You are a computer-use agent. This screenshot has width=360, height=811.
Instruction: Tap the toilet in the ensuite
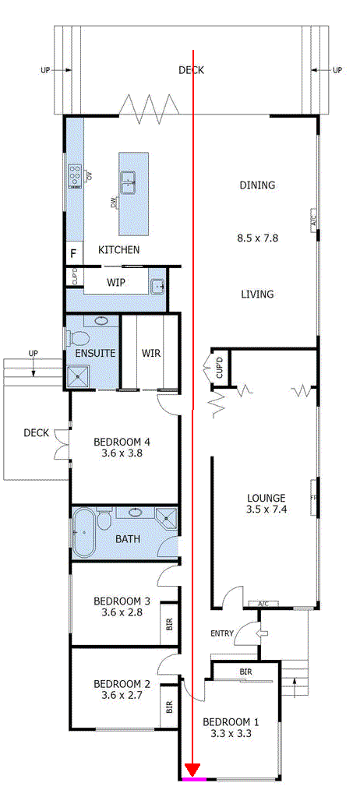click(x=78, y=340)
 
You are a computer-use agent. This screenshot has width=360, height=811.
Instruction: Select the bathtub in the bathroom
click(x=83, y=532)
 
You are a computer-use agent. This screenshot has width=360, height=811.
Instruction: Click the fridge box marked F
click(x=75, y=254)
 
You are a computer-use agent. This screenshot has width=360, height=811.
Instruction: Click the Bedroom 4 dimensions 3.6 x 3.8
click(x=122, y=453)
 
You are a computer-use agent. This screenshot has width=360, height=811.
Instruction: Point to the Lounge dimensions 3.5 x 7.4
click(x=267, y=509)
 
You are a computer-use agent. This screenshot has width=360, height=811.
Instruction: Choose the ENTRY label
click(x=222, y=633)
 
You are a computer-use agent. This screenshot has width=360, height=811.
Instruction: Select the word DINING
click(x=257, y=185)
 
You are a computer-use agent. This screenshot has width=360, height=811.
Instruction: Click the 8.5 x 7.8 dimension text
click(x=258, y=238)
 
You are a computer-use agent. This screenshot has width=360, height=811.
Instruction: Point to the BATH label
click(x=128, y=539)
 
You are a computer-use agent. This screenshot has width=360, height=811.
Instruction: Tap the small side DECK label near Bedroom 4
click(x=36, y=432)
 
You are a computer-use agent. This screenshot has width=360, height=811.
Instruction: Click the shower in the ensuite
click(x=78, y=376)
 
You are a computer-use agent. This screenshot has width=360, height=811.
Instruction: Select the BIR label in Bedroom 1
click(x=245, y=672)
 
